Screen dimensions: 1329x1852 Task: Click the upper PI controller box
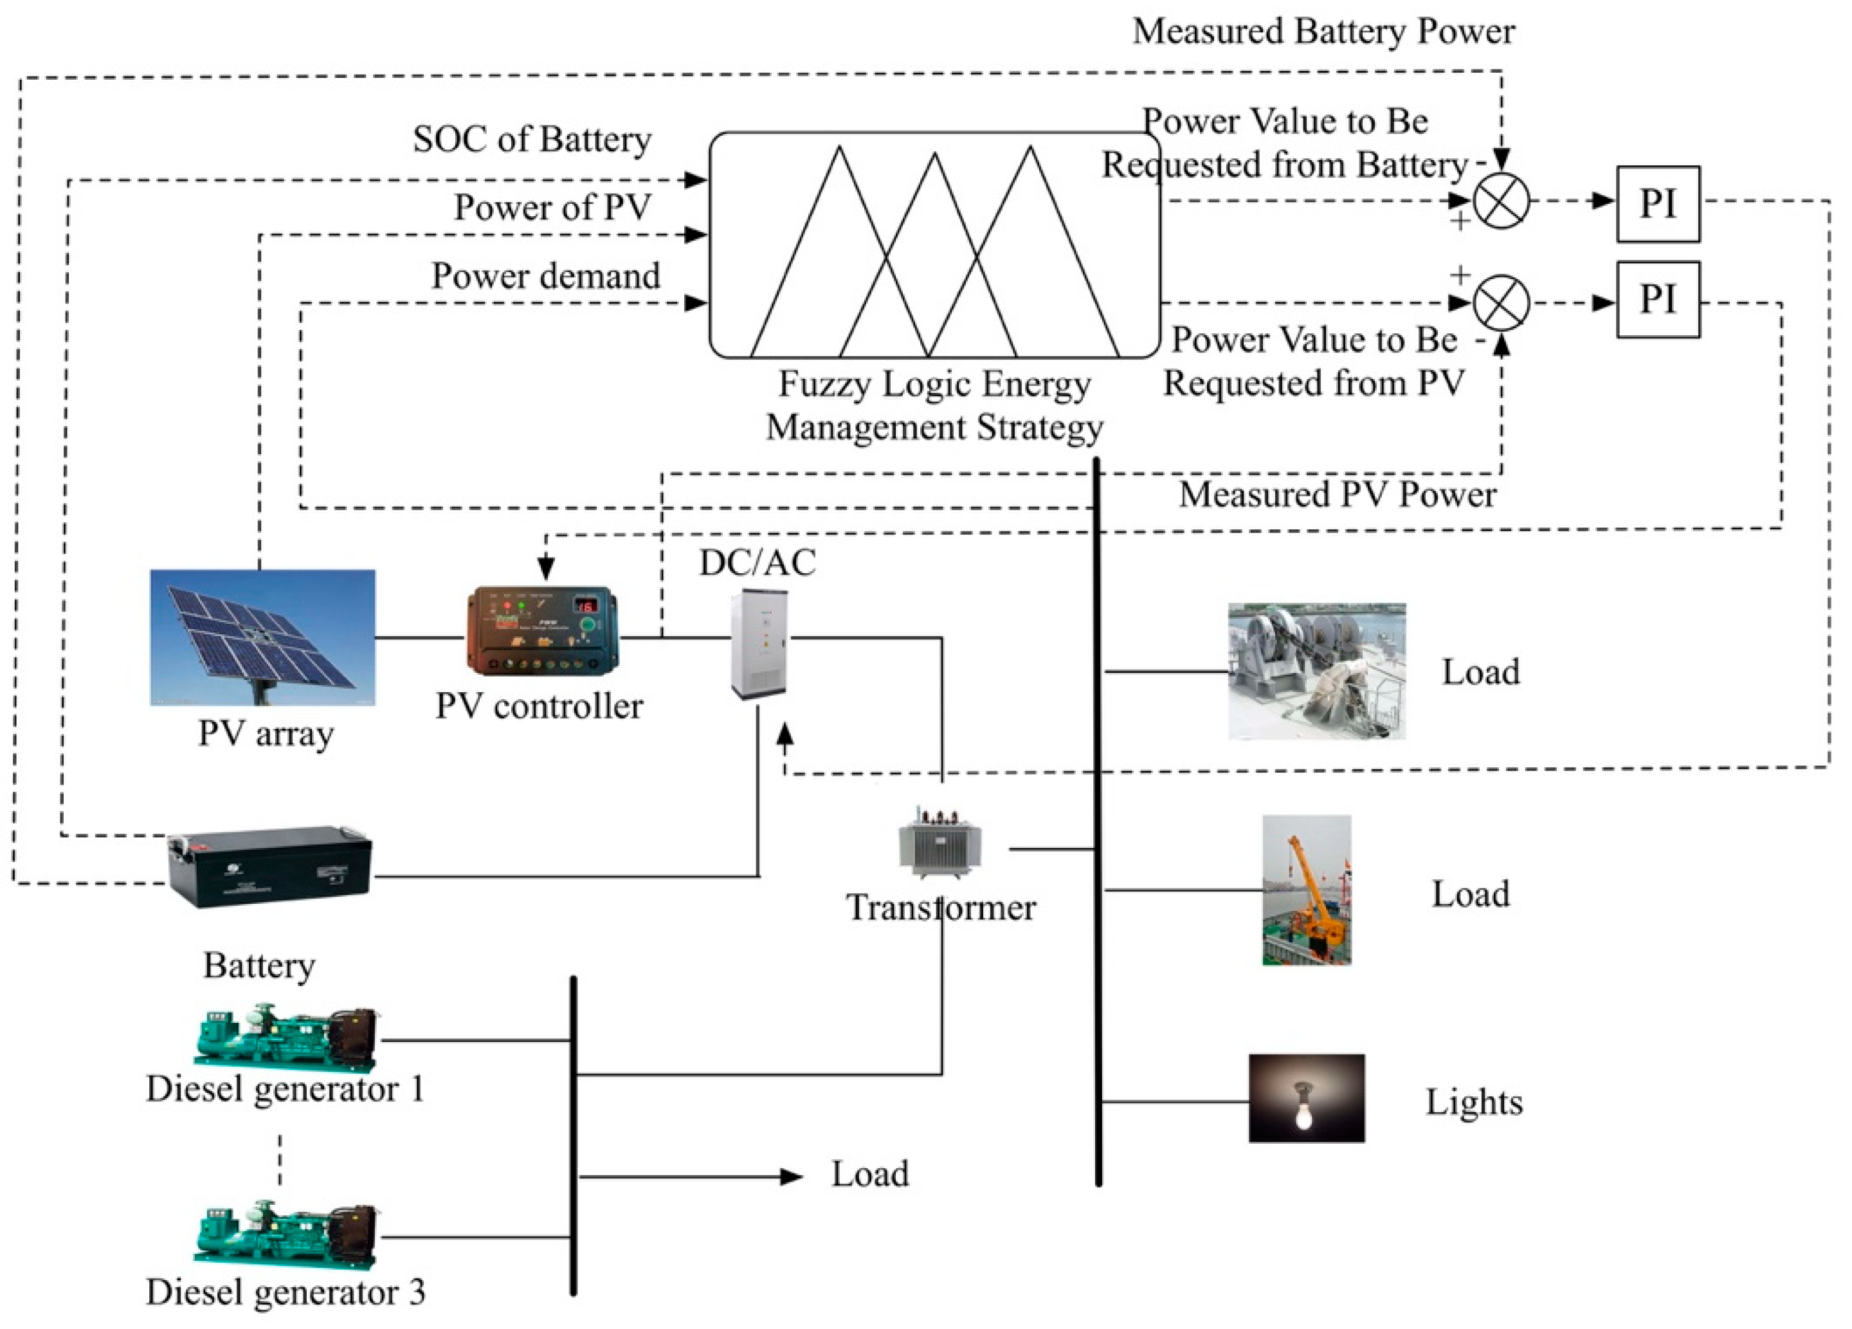[x=1657, y=203]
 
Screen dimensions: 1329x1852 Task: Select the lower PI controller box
[x=1657, y=299]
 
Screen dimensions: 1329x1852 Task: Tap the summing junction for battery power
[x=1500, y=201]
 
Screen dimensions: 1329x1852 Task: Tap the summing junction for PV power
[x=1500, y=303]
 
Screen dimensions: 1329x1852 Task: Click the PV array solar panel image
[x=262, y=637]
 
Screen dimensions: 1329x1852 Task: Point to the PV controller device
[x=541, y=630]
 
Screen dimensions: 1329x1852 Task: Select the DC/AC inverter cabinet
[x=759, y=644]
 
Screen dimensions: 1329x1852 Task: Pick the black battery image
[x=269, y=868]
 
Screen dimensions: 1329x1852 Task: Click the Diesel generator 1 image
[x=286, y=1038]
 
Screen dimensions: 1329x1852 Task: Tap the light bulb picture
[x=1305, y=1098]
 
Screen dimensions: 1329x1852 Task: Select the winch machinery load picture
[x=1316, y=671]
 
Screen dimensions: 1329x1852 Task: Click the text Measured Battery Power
[x=1323, y=31]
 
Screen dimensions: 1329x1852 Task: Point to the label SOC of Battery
[x=532, y=139]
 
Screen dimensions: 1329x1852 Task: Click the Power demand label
[x=545, y=276]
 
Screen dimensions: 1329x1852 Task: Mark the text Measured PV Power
[x=1337, y=494]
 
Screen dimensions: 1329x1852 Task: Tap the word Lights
[x=1473, y=1102]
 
